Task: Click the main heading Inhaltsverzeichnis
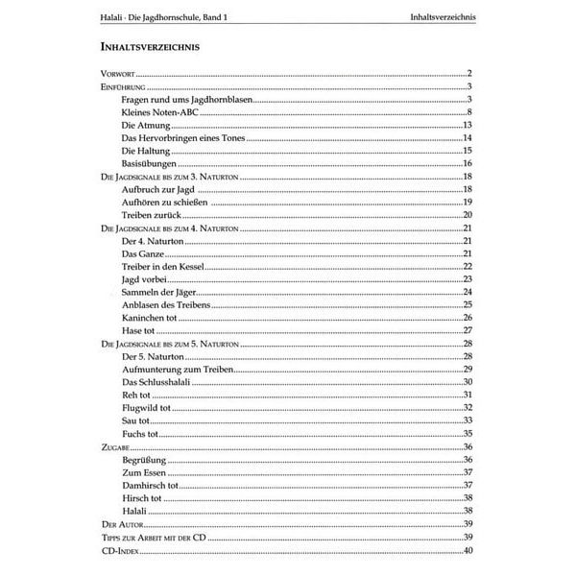click(150, 47)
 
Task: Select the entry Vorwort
click(120, 74)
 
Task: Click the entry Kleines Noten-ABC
click(159, 112)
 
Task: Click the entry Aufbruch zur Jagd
click(158, 189)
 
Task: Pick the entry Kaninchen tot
click(152, 318)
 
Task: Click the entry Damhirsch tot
click(152, 485)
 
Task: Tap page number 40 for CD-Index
click(468, 549)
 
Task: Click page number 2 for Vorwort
click(471, 74)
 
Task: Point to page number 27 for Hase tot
click(468, 330)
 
